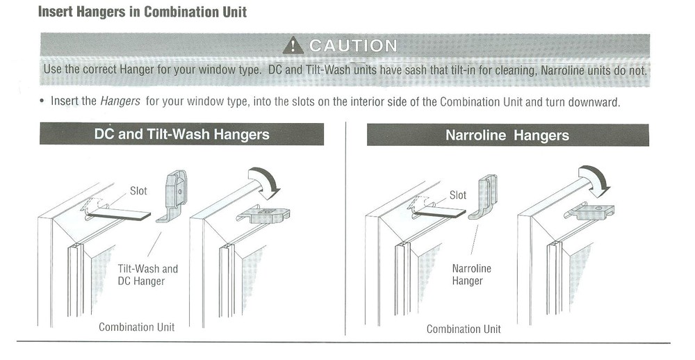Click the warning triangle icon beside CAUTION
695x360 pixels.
(x=295, y=47)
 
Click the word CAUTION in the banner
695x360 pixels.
(x=353, y=47)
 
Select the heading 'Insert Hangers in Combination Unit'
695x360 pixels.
(x=142, y=13)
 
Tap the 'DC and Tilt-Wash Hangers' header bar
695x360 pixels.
(x=181, y=133)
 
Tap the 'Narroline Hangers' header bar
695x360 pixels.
(x=507, y=135)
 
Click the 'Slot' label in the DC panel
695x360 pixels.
(x=139, y=190)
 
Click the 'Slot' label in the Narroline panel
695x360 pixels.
(x=458, y=195)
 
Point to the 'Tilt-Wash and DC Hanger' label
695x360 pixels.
(x=147, y=275)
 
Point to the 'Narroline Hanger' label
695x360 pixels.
(x=471, y=275)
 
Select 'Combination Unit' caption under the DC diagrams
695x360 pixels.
(x=136, y=327)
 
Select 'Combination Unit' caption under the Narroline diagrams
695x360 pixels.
(x=464, y=329)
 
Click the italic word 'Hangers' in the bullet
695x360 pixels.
(x=120, y=101)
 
